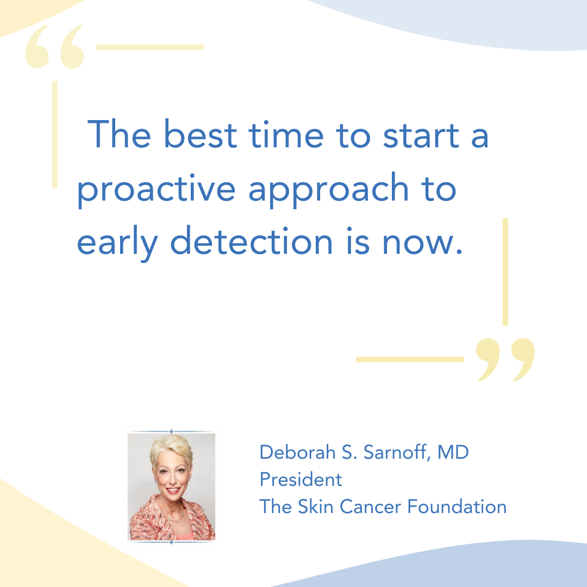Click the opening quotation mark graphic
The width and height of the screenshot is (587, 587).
[x=55, y=47]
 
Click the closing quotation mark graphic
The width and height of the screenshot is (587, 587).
[x=505, y=360]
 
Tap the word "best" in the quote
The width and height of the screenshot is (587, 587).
[x=200, y=134]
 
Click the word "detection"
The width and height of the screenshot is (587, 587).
[x=251, y=241]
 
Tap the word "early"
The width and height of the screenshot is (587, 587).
[x=117, y=243]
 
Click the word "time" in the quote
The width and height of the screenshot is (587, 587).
[x=286, y=134]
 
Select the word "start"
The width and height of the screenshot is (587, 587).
[x=421, y=135]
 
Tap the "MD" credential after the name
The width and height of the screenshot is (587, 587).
[x=453, y=452]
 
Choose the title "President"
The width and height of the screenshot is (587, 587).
[x=301, y=479]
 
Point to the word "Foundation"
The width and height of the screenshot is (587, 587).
[x=457, y=507]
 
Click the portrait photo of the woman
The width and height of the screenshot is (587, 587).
[x=171, y=486]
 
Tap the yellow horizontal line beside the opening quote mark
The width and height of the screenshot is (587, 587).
[x=150, y=47]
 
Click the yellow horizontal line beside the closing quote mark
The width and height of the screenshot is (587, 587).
[x=410, y=359]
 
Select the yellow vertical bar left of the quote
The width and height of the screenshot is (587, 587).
[x=55, y=134]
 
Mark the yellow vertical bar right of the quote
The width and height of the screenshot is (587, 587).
[x=505, y=272]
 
